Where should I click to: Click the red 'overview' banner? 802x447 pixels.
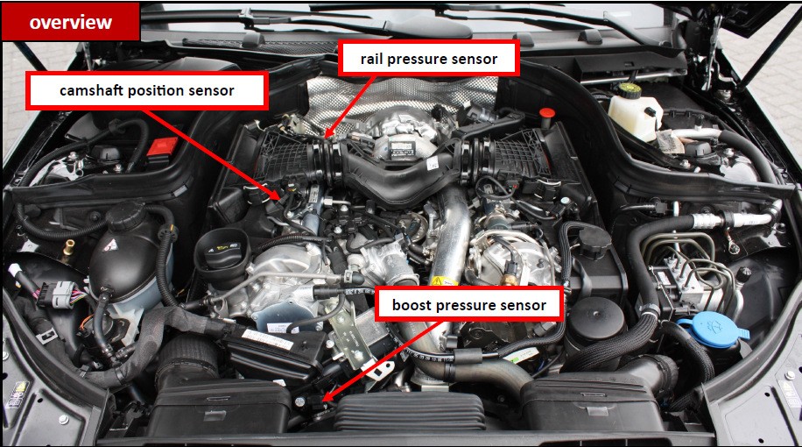[71, 22]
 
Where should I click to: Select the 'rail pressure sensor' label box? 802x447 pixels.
[429, 59]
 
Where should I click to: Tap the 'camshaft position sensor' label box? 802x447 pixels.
[147, 90]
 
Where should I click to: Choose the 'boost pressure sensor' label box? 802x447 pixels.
[469, 305]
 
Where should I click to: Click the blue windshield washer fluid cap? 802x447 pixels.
[713, 329]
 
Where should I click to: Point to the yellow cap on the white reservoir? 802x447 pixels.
[630, 90]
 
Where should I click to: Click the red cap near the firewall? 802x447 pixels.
[546, 114]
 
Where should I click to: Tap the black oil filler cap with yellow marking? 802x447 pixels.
[222, 251]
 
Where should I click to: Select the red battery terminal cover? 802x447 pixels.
[162, 145]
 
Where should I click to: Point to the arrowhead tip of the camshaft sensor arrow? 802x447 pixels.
[280, 199]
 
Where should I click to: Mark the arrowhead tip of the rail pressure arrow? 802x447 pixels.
[326, 138]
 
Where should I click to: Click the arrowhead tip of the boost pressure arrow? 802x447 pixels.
[322, 401]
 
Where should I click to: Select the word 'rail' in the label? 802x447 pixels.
[371, 59]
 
